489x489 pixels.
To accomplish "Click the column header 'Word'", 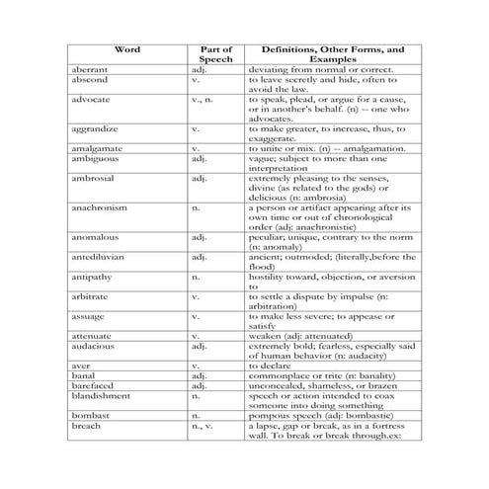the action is click(127, 48).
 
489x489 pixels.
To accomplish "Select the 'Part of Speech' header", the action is click(216, 53).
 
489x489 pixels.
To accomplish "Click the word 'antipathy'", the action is click(90, 277).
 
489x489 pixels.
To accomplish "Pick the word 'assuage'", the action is click(87, 316).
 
